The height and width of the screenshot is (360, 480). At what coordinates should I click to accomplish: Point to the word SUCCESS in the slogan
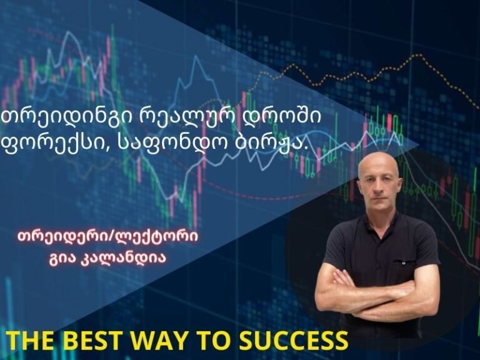pos(294,341)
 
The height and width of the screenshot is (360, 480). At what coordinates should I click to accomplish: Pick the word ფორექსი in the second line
pos(57,144)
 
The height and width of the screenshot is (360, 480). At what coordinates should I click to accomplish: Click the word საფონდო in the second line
pos(169,143)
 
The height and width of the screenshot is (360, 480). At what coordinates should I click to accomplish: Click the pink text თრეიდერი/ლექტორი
pos(108,238)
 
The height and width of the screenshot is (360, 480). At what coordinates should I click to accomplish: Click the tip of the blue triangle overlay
pos(418,144)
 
